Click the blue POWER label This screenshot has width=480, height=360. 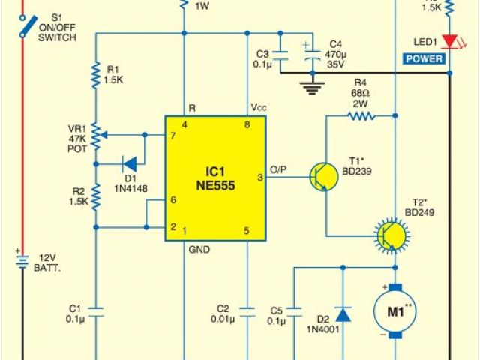click(424, 58)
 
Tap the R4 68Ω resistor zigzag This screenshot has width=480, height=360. click(360, 116)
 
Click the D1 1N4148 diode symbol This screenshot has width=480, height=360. click(128, 162)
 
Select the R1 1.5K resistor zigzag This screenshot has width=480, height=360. click(96, 76)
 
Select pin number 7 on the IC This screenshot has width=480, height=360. click(173, 136)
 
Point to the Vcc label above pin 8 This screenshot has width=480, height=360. click(259, 108)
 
